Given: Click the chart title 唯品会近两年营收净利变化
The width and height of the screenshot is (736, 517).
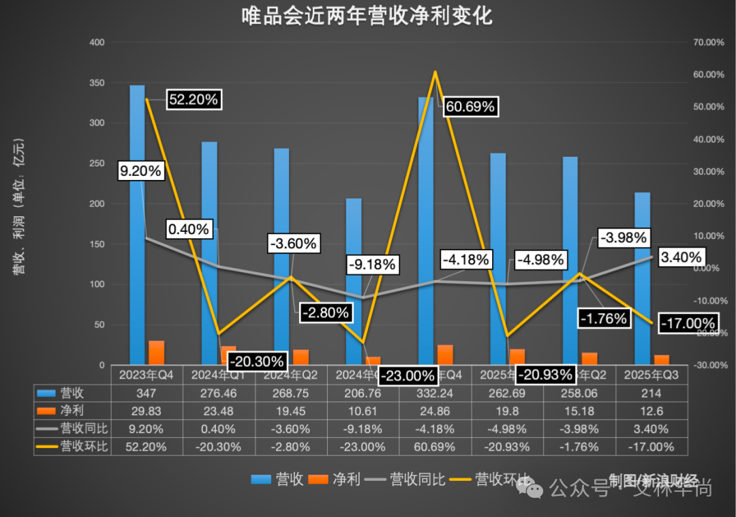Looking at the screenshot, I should coord(367,16).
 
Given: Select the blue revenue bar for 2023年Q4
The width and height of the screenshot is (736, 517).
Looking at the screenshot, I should coord(137,225).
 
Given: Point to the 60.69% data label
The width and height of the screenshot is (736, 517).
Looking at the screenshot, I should coord(470,107).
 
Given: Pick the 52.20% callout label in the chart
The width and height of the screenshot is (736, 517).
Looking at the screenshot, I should coord(194,100).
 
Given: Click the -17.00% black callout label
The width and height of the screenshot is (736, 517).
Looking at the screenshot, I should coord(688,323).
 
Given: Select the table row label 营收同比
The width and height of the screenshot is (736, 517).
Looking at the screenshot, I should coord(79,429).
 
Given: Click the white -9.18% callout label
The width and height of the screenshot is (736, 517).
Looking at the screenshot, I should coord(371,265).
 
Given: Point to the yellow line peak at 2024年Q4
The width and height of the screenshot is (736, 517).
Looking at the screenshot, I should coord(435,72).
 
